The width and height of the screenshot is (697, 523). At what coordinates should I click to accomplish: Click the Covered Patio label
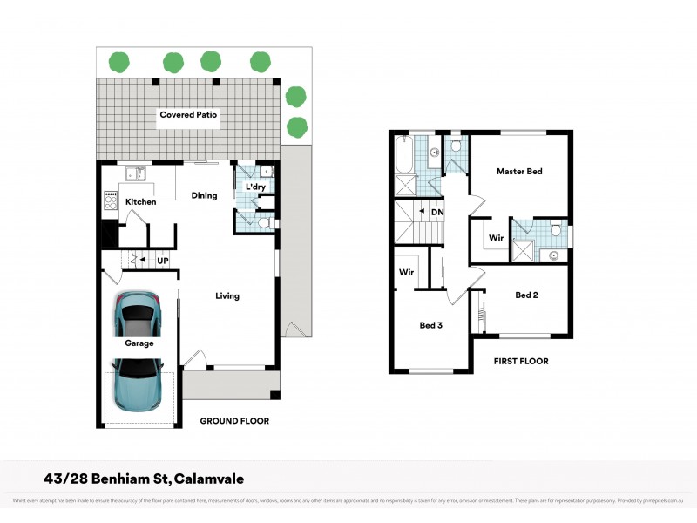[188, 115]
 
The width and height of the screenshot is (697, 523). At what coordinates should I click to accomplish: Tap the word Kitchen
[140, 202]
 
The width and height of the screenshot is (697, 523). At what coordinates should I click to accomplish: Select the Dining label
[204, 196]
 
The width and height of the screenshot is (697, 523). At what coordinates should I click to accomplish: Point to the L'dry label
[255, 187]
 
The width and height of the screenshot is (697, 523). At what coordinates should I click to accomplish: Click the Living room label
[227, 296]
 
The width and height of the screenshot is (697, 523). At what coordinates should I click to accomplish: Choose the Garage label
[139, 343]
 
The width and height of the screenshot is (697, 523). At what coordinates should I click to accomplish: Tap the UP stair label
[162, 260]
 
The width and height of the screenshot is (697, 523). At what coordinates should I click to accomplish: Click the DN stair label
[437, 212]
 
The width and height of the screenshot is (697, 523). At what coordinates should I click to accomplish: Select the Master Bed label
[519, 172]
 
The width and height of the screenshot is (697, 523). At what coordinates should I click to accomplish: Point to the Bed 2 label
[526, 295]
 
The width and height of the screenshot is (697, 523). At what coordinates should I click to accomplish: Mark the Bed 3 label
[431, 326]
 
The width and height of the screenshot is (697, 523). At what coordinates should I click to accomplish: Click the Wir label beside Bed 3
[406, 272]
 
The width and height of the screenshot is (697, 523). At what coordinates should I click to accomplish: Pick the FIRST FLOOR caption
[521, 361]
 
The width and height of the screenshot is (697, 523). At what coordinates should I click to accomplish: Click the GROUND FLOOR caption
[234, 421]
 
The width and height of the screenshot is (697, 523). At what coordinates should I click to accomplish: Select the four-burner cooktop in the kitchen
[112, 201]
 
